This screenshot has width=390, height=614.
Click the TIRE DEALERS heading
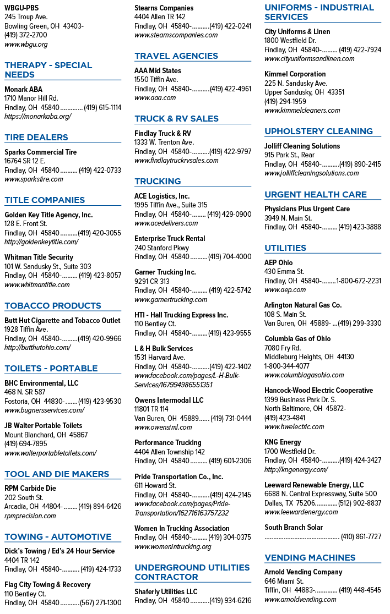coord(36,138)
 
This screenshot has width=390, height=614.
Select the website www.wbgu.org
coord(26,44)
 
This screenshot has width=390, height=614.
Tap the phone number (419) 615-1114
coord(102,107)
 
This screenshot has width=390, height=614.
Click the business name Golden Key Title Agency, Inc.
coord(48,215)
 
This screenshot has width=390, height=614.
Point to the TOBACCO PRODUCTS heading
coord(53,306)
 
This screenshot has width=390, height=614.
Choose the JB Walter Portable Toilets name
coord(44,426)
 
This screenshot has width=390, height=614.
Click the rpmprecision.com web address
coord(30,516)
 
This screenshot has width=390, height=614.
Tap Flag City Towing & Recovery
coord(47,585)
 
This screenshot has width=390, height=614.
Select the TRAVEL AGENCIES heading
coord(176,56)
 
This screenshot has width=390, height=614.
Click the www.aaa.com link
coord(155,98)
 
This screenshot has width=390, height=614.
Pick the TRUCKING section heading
coord(158,182)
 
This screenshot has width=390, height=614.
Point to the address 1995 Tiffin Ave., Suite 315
coord(171,205)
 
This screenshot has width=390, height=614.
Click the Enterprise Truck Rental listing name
coord(170,238)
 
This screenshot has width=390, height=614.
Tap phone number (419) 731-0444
coord(231,419)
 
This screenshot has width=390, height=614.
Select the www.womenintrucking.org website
coord(173,547)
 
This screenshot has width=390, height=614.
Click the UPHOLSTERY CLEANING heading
coord(318,131)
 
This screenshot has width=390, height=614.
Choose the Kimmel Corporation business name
coord(295,74)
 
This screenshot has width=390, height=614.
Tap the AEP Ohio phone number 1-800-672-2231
coord(359,281)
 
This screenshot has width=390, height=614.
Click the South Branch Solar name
coord(294,528)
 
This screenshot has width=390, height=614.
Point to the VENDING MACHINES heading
coord(310,558)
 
